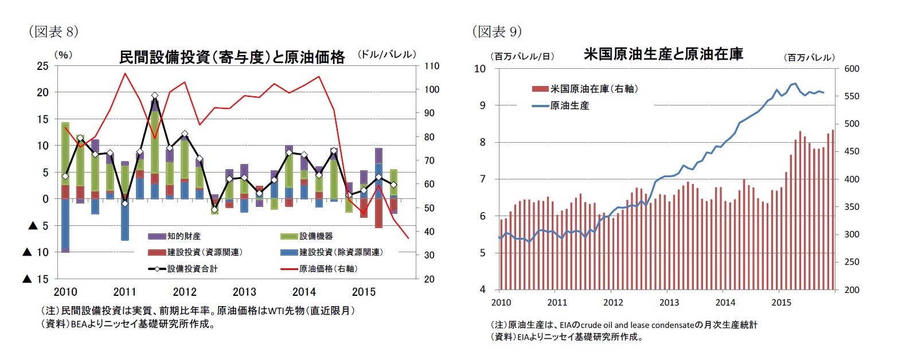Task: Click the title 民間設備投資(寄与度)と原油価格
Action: pyautogui.click(x=232, y=57)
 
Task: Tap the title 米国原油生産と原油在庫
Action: pyautogui.click(x=663, y=55)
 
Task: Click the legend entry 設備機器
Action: pyautogui.click(x=316, y=236)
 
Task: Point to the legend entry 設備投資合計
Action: pyautogui.click(x=192, y=268)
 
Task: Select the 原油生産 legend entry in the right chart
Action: pyautogui.click(x=569, y=105)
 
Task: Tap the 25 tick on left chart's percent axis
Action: pyautogui.click(x=41, y=66)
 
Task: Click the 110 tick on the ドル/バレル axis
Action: pyautogui.click(x=432, y=66)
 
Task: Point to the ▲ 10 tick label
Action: pyautogui.click(x=34, y=252)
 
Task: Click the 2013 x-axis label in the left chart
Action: pyautogui.click(x=245, y=291)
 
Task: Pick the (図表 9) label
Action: pyautogui.click(x=497, y=32)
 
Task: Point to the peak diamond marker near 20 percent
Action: pyautogui.click(x=155, y=96)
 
